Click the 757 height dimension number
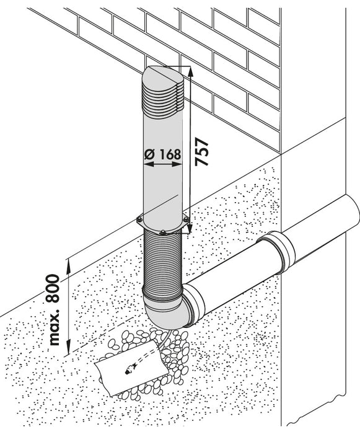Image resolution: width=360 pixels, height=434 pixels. [x=201, y=152]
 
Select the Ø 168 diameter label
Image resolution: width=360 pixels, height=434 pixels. [x=163, y=154]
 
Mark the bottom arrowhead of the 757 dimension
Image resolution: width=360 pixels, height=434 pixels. [x=190, y=228]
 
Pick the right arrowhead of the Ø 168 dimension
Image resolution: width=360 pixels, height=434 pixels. [x=177, y=164]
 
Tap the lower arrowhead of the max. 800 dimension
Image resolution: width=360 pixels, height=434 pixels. [x=68, y=348]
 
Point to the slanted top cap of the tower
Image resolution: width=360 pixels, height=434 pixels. [x=163, y=75]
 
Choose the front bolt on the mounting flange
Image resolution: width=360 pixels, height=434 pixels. [x=163, y=232]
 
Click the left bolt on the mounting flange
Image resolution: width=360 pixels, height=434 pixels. [x=140, y=219]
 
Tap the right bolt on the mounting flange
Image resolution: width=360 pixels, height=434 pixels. [x=187, y=219]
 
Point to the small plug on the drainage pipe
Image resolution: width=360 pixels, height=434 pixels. [x=130, y=370]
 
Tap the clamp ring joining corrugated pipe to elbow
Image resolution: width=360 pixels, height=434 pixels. [x=163, y=294]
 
